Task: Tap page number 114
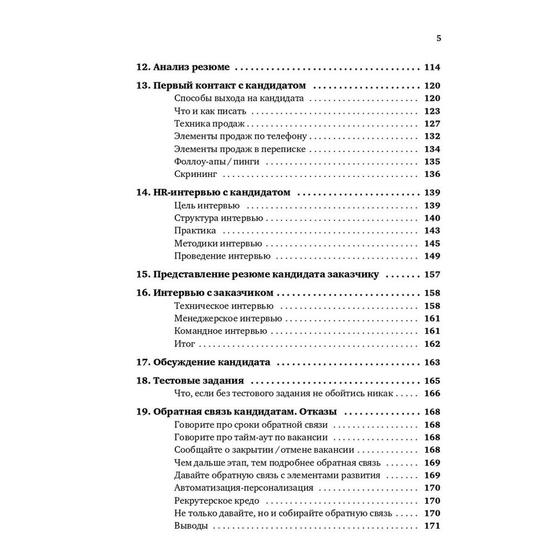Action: pyautogui.click(x=432, y=67)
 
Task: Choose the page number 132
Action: pyautogui.click(x=432, y=137)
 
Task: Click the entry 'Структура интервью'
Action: pyautogui.click(x=218, y=218)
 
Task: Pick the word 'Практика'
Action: pyautogui.click(x=195, y=231)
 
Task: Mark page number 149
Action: pyautogui.click(x=432, y=256)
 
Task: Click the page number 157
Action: pyautogui.click(x=432, y=274)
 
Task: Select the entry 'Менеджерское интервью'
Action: pyautogui.click(x=228, y=319)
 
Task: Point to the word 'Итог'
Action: pyautogui.click(x=185, y=344)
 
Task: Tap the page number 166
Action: pyautogui.click(x=432, y=394)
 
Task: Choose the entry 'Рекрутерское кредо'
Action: pyautogui.click(x=216, y=500)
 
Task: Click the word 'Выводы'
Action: pyautogui.click(x=191, y=526)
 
